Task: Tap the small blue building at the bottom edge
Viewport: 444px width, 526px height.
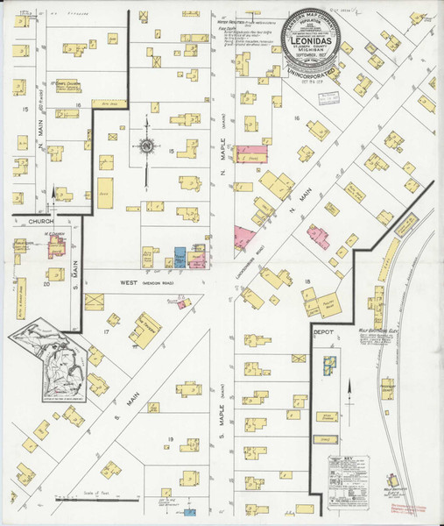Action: pyautogui.click(x=190, y=510)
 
